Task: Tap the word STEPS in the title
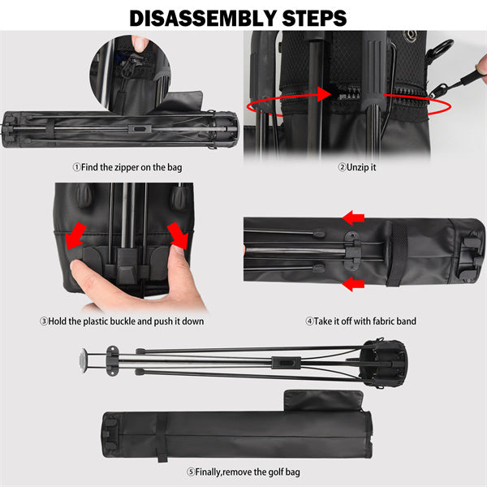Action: pos(315,18)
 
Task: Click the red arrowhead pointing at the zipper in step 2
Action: pos(325,94)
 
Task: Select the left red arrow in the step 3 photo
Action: pos(75,235)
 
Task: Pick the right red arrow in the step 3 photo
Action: pos(179,235)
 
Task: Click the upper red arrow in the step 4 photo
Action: pos(353,218)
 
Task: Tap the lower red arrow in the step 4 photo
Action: pos(353,284)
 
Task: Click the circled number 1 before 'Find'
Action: pos(76,167)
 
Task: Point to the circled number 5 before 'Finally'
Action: pos(191,472)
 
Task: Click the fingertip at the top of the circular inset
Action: pos(139,43)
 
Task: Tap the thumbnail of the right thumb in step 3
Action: pos(178,249)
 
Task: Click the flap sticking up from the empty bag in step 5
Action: pos(323,401)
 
